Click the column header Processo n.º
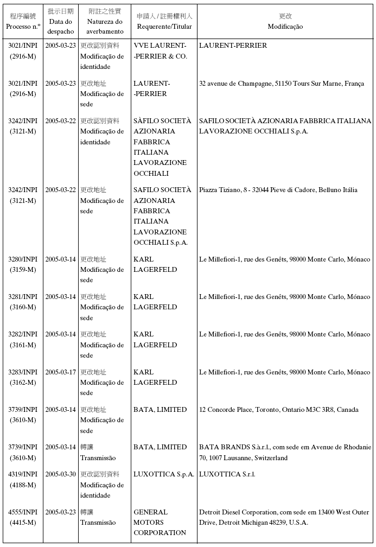[23, 26]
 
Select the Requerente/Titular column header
[164, 27]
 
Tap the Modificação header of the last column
[285, 27]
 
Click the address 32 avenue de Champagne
[281, 84]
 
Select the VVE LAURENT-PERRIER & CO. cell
[160, 51]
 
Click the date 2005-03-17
[61, 372]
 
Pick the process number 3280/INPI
[23, 259]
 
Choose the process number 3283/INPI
[23, 372]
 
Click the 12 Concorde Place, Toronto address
[278, 410]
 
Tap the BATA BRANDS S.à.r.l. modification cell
[285, 453]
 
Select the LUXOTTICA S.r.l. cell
[227, 474]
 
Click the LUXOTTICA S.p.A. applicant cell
[163, 474]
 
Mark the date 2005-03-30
[61, 474]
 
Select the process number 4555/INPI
[23, 512]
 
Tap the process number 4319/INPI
[23, 474]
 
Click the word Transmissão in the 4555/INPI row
[98, 523]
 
